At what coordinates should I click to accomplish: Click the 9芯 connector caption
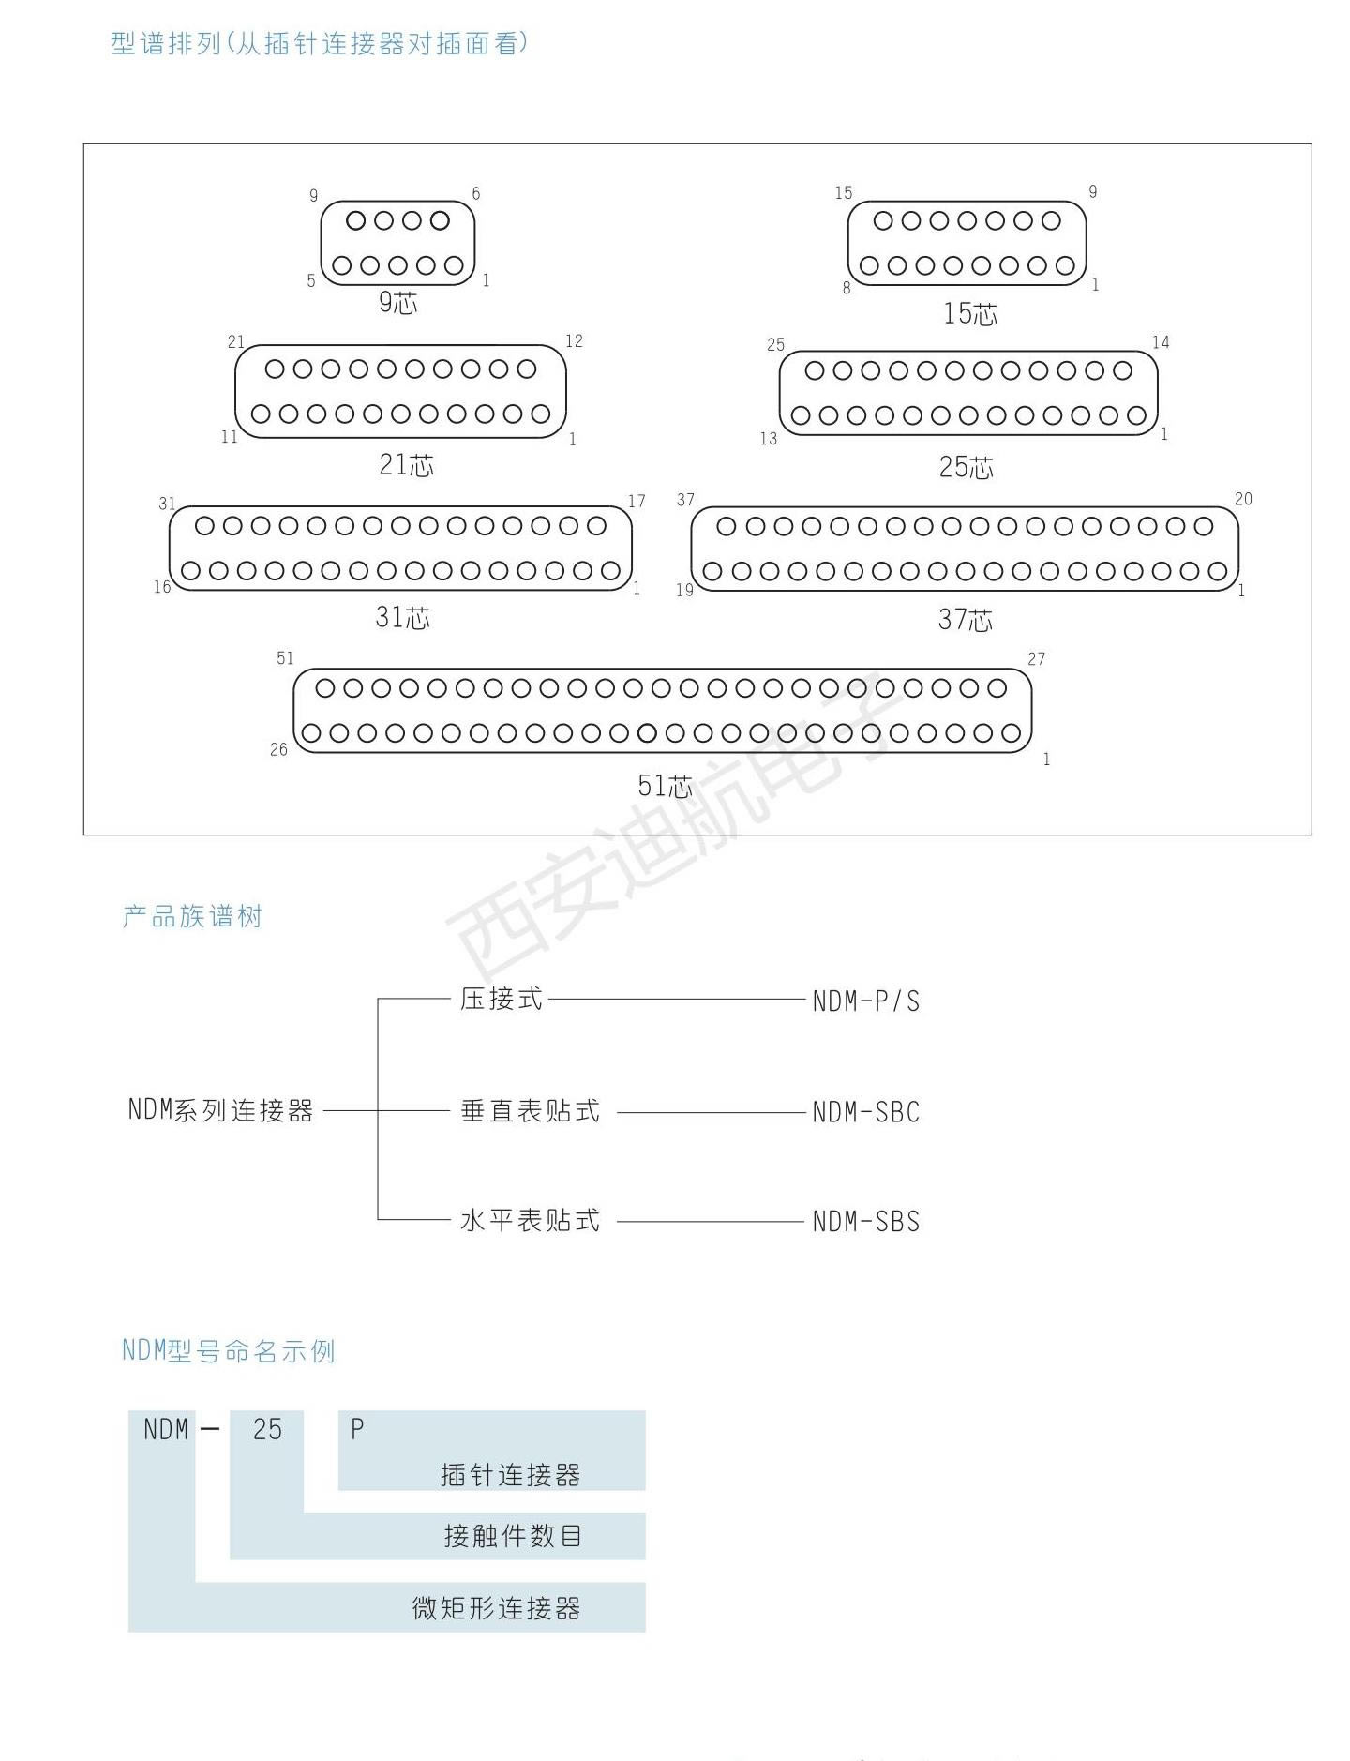pyautogui.click(x=397, y=302)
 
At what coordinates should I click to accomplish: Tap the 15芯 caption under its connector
pyautogui.click(x=970, y=313)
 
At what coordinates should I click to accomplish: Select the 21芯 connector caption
pyautogui.click(x=406, y=464)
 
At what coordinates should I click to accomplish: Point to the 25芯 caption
pyautogui.click(x=966, y=467)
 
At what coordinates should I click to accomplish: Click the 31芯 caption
pyautogui.click(x=402, y=617)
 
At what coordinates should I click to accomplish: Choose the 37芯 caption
pyautogui.click(x=965, y=619)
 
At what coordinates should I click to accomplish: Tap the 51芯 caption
pyautogui.click(x=665, y=785)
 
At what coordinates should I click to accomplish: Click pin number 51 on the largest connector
pyautogui.click(x=285, y=658)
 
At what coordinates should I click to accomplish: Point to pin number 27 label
pyautogui.click(x=1036, y=659)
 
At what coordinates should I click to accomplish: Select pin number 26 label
pyautogui.click(x=278, y=749)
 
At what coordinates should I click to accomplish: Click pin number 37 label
pyautogui.click(x=685, y=500)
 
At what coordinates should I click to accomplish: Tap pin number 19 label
pyautogui.click(x=684, y=590)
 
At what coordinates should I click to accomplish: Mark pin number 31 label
pyautogui.click(x=167, y=504)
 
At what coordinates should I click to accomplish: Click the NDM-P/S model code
pyautogui.click(x=866, y=1001)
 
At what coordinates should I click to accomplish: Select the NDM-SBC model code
pyautogui.click(x=866, y=1112)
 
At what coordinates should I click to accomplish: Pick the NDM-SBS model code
pyautogui.click(x=866, y=1222)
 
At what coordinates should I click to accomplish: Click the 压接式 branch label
pyautogui.click(x=502, y=999)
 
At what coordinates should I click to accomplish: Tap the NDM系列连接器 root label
pyautogui.click(x=220, y=1110)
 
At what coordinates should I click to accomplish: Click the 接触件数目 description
pyautogui.click(x=513, y=1536)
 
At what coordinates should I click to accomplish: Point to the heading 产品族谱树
pyautogui.click(x=192, y=916)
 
